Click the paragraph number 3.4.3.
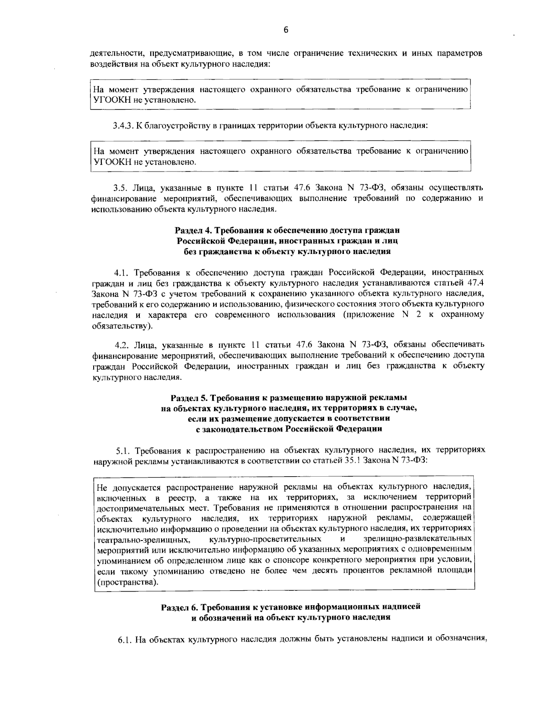[x=122, y=125]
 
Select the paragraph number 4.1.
[x=121, y=273]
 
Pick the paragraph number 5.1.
[x=124, y=450]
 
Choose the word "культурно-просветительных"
[x=266, y=539]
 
